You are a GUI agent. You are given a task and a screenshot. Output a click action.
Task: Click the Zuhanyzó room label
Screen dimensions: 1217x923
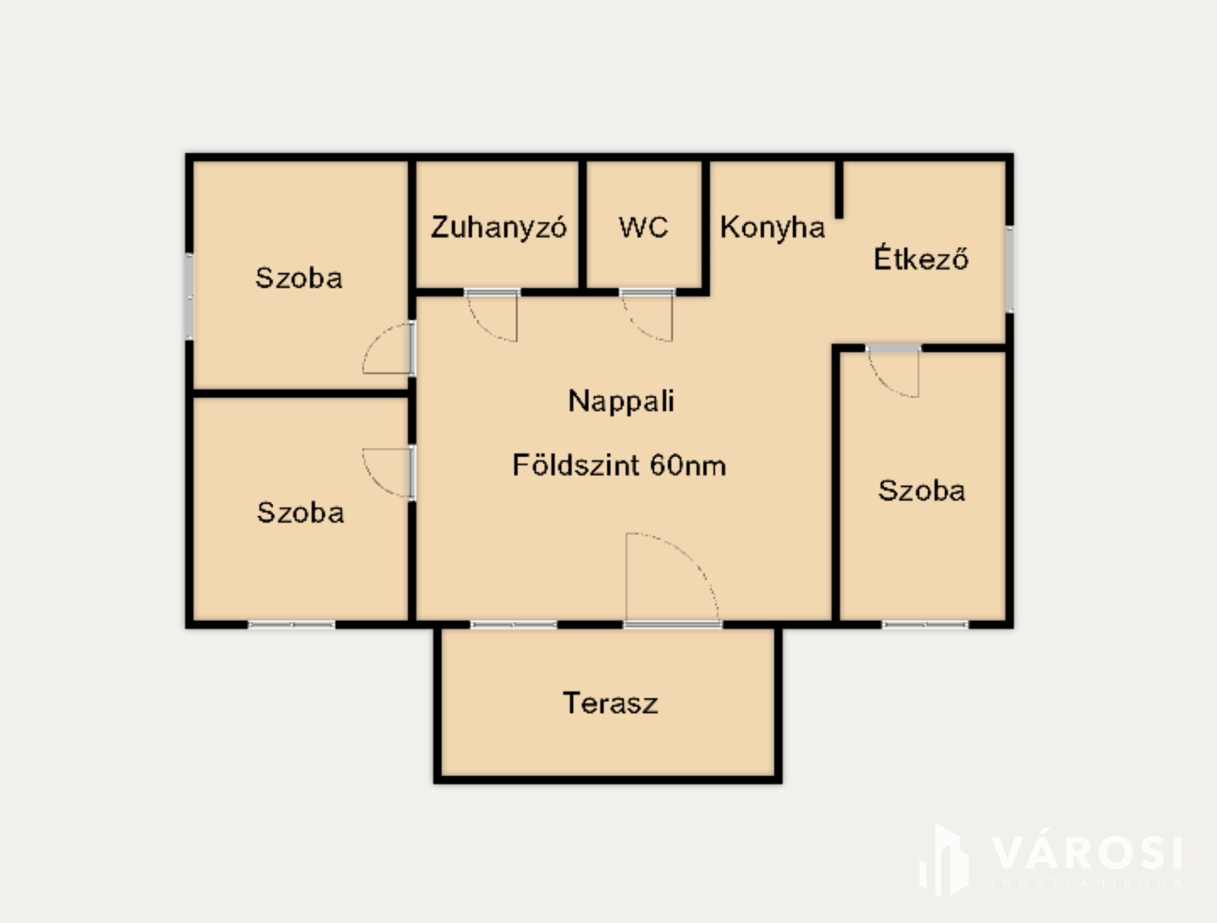click(x=499, y=228)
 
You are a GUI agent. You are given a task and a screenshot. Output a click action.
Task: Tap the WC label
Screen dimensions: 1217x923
click(x=643, y=227)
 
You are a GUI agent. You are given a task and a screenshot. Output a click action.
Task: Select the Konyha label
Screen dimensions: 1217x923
click(x=773, y=228)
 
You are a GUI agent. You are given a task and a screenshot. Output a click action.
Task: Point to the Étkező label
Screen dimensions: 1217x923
click(x=921, y=258)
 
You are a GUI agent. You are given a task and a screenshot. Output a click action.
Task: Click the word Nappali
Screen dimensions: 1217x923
click(x=621, y=401)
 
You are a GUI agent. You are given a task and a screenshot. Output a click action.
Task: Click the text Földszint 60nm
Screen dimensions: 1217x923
click(x=619, y=465)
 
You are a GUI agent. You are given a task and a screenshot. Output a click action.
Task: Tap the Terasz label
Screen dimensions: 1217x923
click(x=610, y=703)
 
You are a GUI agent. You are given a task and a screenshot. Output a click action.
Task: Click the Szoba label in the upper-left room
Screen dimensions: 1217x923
click(x=299, y=278)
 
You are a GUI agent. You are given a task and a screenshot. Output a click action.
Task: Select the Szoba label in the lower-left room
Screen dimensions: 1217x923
click(x=300, y=513)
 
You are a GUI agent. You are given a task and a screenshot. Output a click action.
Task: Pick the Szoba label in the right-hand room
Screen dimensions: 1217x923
click(x=922, y=491)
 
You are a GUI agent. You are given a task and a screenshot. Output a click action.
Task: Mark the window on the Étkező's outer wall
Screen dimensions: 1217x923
click(x=1010, y=269)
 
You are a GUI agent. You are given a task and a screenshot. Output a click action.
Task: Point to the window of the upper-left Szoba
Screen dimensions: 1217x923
click(x=189, y=296)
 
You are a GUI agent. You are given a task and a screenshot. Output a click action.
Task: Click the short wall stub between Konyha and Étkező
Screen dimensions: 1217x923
click(x=839, y=190)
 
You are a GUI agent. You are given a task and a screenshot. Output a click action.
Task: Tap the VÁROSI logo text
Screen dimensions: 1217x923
click(x=1087, y=853)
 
